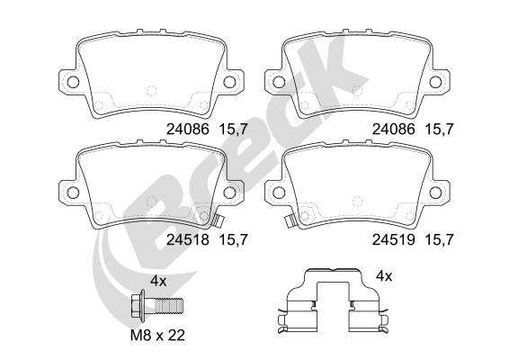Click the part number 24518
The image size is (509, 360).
(188, 240)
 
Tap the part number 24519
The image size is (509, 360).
(393, 240)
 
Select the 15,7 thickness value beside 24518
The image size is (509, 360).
(234, 240)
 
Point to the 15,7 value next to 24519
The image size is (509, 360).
(439, 240)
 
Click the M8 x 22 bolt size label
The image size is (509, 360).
(157, 335)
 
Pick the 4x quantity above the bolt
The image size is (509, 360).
(158, 281)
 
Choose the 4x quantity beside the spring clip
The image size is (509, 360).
(384, 276)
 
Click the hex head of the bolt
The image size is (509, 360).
(138, 304)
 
